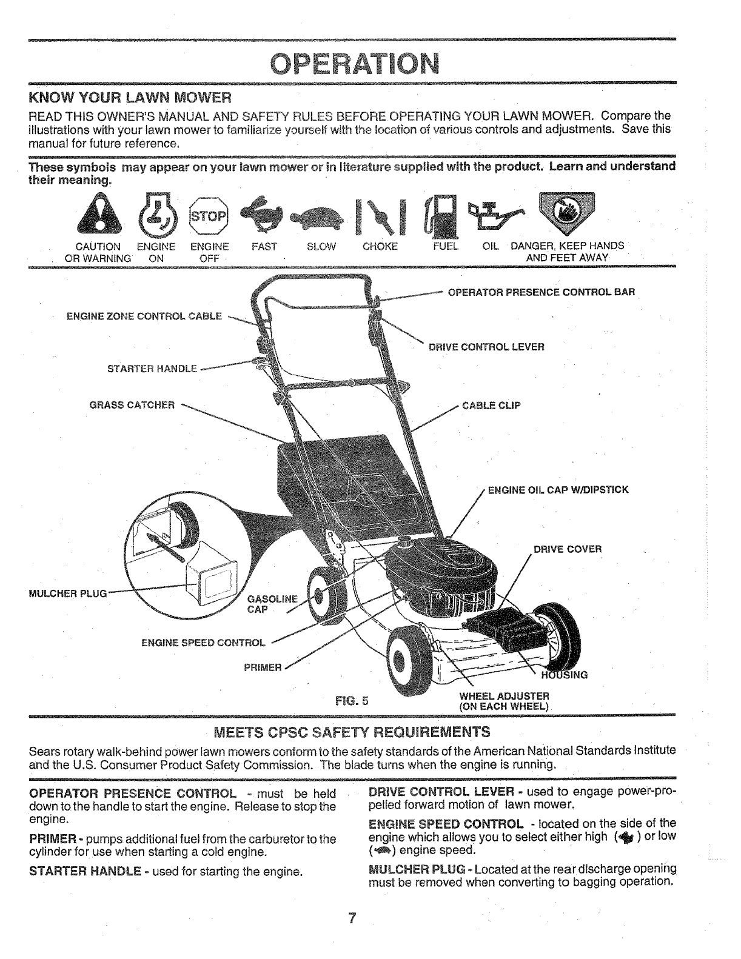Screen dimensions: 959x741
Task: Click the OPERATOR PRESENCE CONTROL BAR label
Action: pyautogui.click(x=541, y=292)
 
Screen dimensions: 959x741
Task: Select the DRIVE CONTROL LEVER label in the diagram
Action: pyautogui.click(x=486, y=347)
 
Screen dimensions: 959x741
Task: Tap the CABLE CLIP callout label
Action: pyautogui.click(x=492, y=406)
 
